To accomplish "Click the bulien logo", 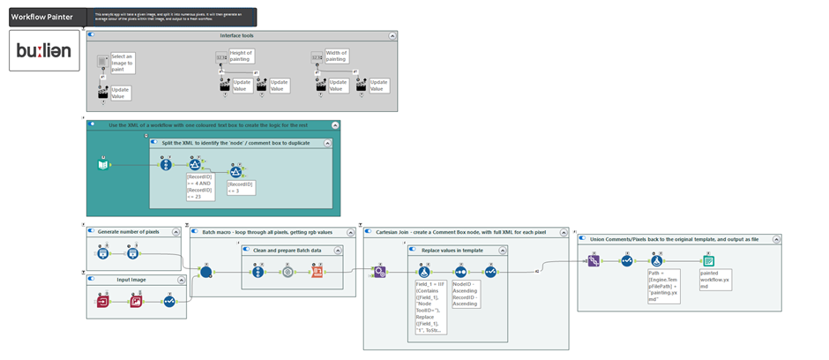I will pyautogui.click(x=43, y=51).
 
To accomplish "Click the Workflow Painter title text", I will pyautogui.click(x=41, y=17).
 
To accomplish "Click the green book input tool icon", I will pyautogui.click(x=103, y=164).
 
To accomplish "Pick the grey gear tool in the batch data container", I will pyautogui.click(x=287, y=272).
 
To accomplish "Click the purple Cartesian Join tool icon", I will pyautogui.click(x=379, y=272).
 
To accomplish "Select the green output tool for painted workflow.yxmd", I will pyautogui.click(x=708, y=260).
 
